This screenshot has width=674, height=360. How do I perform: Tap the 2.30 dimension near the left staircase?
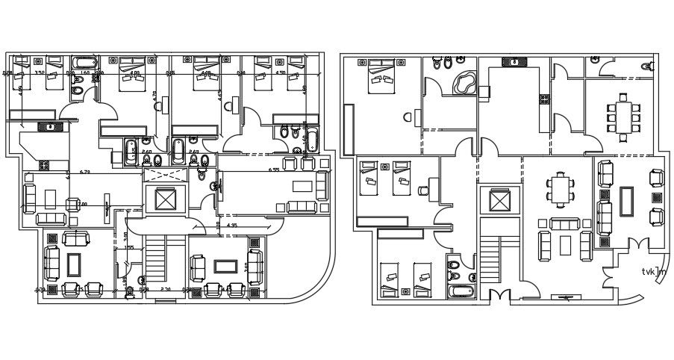[x=166, y=289]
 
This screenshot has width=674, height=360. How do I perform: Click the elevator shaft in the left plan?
[x=163, y=199]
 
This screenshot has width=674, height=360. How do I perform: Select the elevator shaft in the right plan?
[x=499, y=201]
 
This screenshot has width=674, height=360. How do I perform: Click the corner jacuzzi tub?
[x=467, y=82]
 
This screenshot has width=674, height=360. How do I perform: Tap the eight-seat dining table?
[x=622, y=117]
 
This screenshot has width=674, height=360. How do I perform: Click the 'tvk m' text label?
[x=653, y=272]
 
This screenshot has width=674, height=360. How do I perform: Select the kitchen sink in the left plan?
[x=51, y=127]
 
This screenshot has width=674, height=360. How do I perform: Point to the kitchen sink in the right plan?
[x=514, y=62]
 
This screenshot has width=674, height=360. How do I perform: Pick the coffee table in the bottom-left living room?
[x=74, y=264]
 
